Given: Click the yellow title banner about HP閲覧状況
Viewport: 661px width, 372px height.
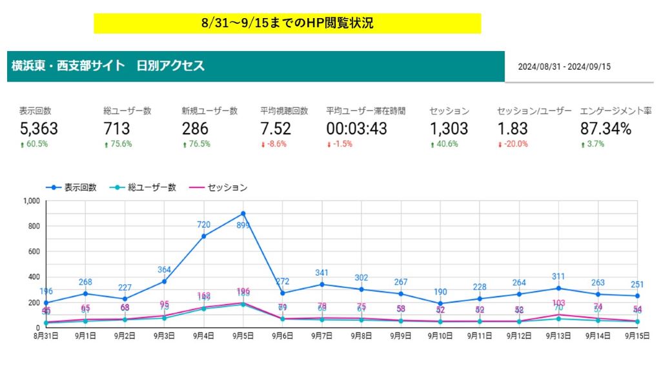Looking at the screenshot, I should pos(287,23).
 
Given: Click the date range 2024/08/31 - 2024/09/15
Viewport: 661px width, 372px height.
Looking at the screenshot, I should pos(564,66).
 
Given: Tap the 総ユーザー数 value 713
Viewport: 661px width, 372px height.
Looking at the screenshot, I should pos(117,128).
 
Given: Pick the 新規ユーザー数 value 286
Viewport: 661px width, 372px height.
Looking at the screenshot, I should pos(195,128).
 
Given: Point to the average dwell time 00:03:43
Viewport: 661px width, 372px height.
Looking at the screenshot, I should pos(356,128).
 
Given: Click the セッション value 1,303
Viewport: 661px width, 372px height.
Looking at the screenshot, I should pos(449,128).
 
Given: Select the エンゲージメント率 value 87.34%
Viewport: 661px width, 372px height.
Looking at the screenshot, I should pos(605,128).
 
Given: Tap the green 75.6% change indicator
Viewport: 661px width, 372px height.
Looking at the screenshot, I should pos(117,144).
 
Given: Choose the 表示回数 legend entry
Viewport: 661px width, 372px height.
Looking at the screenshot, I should pos(72,187).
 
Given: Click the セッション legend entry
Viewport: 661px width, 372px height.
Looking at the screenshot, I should pos(219,187).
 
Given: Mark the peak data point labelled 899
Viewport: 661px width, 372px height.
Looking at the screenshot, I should pos(243,213).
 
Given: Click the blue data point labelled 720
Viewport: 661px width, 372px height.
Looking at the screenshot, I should pos(203,236).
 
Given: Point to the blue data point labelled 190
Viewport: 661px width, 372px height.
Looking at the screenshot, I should pos(440,303).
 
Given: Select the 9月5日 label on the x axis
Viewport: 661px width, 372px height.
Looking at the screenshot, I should pos(243,336).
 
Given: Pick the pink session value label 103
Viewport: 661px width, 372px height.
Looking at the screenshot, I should pos(558,303).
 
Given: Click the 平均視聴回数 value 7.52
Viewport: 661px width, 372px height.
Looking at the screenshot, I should pos(276,128).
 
